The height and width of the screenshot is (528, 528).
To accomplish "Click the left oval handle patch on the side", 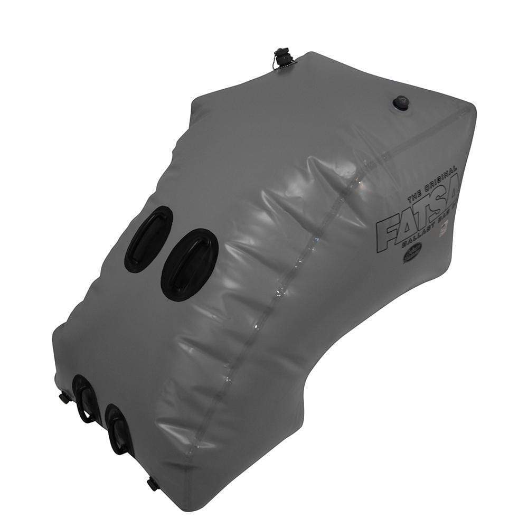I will coord(148,239).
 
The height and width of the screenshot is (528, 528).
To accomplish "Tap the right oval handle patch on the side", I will coord(190,264).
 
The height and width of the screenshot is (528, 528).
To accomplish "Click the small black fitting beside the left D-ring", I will coord(65,397).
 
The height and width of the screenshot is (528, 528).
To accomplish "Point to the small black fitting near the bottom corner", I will coord(152,482).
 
